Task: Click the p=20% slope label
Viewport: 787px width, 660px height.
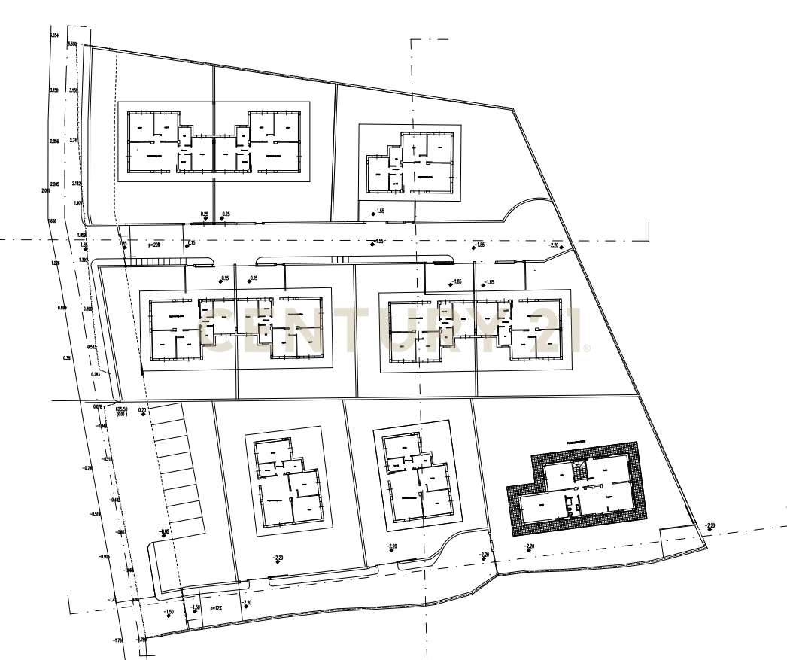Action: (x=155, y=245)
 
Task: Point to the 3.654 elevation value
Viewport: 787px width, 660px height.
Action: (x=53, y=36)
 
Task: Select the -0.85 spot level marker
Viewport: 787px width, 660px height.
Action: (x=164, y=532)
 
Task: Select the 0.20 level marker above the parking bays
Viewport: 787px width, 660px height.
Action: (x=142, y=410)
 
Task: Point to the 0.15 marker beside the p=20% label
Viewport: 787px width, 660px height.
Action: (x=190, y=243)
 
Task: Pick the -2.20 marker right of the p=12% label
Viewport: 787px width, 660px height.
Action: (x=245, y=603)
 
